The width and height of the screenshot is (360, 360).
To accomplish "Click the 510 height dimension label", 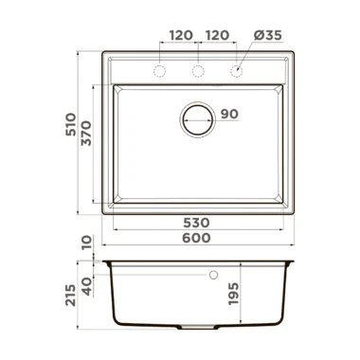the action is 71,124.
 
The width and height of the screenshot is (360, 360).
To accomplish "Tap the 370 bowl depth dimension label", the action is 86,134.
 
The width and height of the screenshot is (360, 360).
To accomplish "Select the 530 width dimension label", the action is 196,223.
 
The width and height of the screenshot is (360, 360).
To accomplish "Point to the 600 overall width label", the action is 196,238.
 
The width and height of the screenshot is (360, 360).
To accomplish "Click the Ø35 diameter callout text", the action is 268,35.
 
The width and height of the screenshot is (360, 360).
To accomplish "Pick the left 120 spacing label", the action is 181,35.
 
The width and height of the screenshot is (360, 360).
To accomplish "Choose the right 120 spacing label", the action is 217,35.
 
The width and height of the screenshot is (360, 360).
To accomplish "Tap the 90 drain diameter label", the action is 229,114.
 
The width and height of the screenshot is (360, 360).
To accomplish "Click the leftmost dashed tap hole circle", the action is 160,71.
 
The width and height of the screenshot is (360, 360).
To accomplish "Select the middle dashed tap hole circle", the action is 198,71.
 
